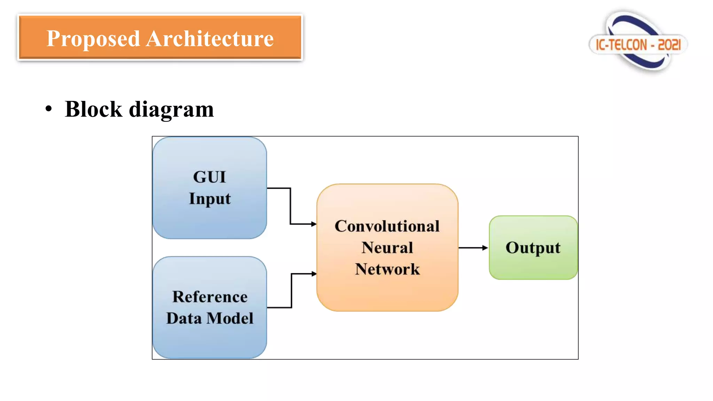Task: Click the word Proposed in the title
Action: click(x=93, y=39)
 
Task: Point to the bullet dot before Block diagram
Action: click(x=49, y=109)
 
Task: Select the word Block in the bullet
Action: click(x=93, y=109)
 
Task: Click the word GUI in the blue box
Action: click(x=210, y=177)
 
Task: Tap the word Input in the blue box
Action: click(x=210, y=199)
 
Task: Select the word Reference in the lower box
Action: click(x=210, y=297)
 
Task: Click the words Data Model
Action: click(x=210, y=318)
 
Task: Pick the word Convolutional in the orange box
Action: click(x=387, y=226)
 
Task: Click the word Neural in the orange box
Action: click(x=387, y=248)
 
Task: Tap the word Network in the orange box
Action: click(x=387, y=269)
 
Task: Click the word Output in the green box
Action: click(x=533, y=248)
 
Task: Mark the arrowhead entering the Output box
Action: click(x=485, y=248)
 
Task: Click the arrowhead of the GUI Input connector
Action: click(x=314, y=224)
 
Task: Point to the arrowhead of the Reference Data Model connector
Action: click(x=314, y=274)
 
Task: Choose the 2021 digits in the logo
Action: click(x=669, y=45)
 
